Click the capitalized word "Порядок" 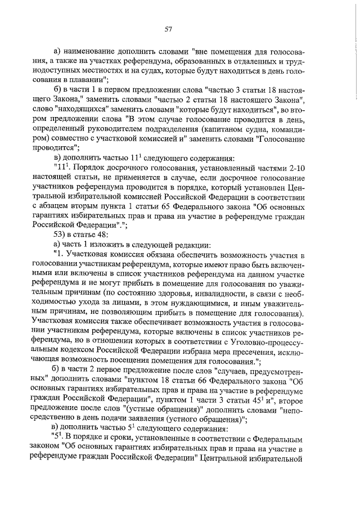90,167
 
